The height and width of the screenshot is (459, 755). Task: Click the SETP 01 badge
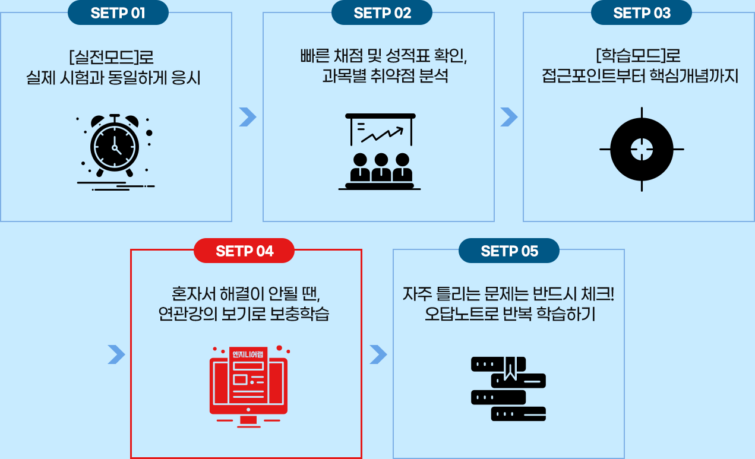click(x=118, y=13)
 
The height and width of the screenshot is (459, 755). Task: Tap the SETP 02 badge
click(x=382, y=13)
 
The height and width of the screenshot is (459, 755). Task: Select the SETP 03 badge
click(x=642, y=13)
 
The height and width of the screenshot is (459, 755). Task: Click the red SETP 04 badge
click(x=244, y=251)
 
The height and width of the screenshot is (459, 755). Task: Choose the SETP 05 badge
click(x=509, y=251)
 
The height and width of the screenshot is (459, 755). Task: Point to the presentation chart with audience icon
click(x=380, y=151)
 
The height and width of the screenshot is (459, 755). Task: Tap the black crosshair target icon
click(x=642, y=149)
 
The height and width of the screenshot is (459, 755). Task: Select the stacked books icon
click(x=508, y=388)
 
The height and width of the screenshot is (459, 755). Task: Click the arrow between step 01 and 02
click(x=247, y=117)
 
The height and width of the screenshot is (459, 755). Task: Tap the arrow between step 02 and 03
click(x=509, y=117)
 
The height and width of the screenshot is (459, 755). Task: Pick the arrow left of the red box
click(x=116, y=354)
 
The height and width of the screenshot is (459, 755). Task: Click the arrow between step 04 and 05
click(x=378, y=354)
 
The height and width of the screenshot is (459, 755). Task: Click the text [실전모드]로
click(x=111, y=58)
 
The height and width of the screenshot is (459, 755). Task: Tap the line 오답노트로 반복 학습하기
click(x=510, y=314)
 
